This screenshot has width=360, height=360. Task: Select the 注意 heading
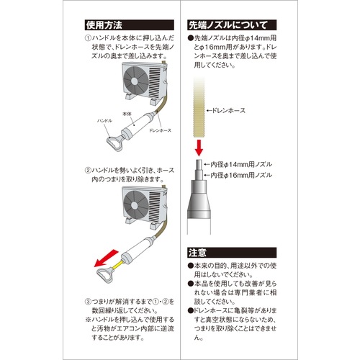(199, 253)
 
